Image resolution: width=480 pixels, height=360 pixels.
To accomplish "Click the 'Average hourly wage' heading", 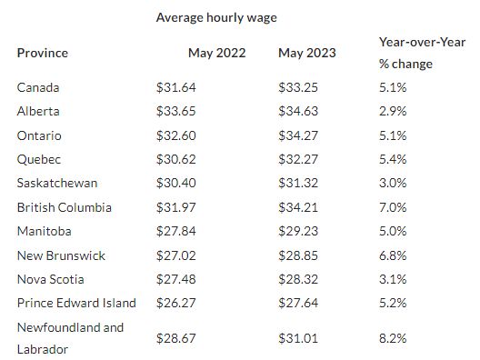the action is pyautogui.click(x=216, y=18).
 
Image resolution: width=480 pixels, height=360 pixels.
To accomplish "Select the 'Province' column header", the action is pyautogui.click(x=43, y=53).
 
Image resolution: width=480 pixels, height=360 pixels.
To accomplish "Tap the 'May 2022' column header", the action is pyautogui.click(x=216, y=53).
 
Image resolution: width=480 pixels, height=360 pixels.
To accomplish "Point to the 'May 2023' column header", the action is pyautogui.click(x=307, y=53).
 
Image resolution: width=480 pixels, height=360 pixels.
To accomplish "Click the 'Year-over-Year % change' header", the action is pyautogui.click(x=422, y=53).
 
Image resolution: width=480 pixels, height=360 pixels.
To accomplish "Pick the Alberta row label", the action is pyautogui.click(x=38, y=111).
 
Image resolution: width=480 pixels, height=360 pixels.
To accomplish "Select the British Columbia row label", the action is pyautogui.click(x=65, y=207).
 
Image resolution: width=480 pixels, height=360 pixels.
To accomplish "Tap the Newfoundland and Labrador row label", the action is pyautogui.click(x=70, y=338).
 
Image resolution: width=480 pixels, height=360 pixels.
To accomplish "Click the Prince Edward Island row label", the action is pyautogui.click(x=76, y=303).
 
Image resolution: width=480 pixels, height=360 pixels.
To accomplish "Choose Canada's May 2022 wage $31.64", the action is pyautogui.click(x=176, y=87).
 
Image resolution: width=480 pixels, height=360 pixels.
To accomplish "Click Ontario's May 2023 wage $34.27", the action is pyautogui.click(x=298, y=135).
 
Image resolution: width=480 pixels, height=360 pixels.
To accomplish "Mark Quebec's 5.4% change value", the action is pyautogui.click(x=393, y=159).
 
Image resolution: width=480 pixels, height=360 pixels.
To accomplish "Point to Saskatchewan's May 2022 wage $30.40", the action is pyautogui.click(x=176, y=183).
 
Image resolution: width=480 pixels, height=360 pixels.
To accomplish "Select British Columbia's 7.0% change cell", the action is pyautogui.click(x=393, y=207).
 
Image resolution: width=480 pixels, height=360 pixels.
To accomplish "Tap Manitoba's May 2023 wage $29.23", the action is pyautogui.click(x=298, y=231).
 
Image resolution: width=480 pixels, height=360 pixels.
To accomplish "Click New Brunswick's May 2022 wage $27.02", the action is pyautogui.click(x=176, y=255).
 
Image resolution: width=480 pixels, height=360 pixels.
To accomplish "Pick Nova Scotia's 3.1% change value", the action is pyautogui.click(x=393, y=279).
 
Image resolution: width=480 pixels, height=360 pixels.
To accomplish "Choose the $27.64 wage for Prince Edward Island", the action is pyautogui.click(x=298, y=303).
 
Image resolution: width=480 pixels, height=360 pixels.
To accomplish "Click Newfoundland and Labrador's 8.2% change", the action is pyautogui.click(x=393, y=338).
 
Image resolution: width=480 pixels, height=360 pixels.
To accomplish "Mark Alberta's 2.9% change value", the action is pyautogui.click(x=393, y=111).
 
